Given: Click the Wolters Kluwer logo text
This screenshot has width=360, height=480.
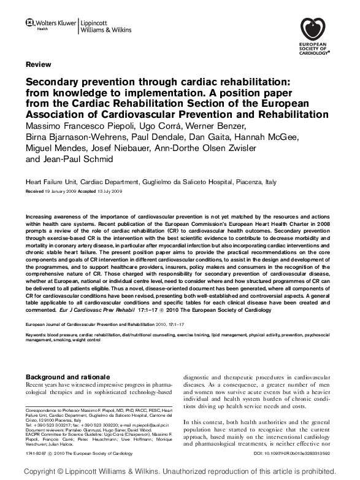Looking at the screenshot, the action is (x=55, y=23).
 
